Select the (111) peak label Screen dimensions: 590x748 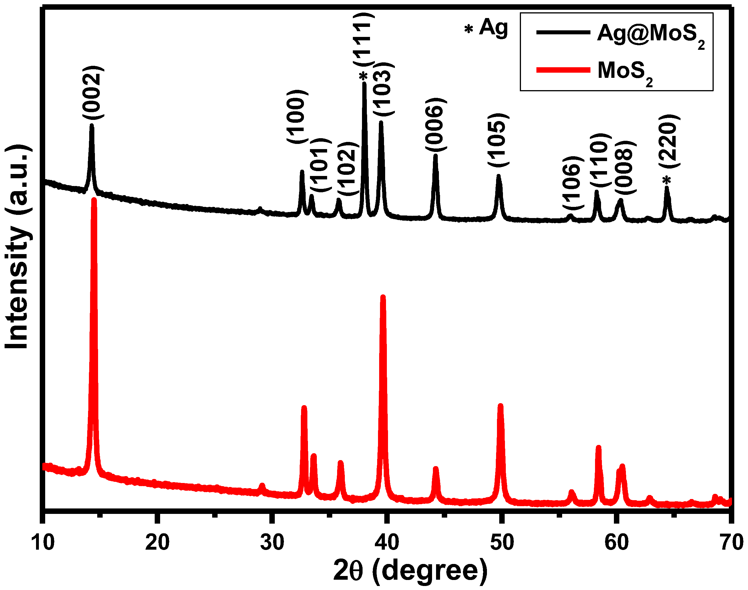tap(363, 38)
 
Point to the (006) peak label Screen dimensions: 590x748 tap(435, 124)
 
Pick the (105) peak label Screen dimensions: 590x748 tap(498, 140)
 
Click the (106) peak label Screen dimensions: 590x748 tap(573, 182)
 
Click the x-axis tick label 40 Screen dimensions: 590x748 tap(387, 542)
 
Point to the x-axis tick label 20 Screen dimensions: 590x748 tap(157, 542)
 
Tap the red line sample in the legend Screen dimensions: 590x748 tap(563, 70)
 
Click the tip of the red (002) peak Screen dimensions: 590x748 tap(94, 200)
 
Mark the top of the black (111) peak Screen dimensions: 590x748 tap(364, 83)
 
